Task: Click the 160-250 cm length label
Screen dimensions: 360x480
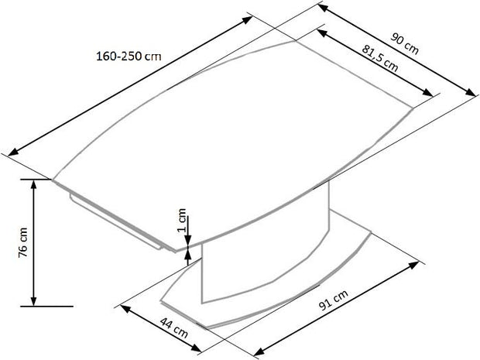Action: click(129, 56)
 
